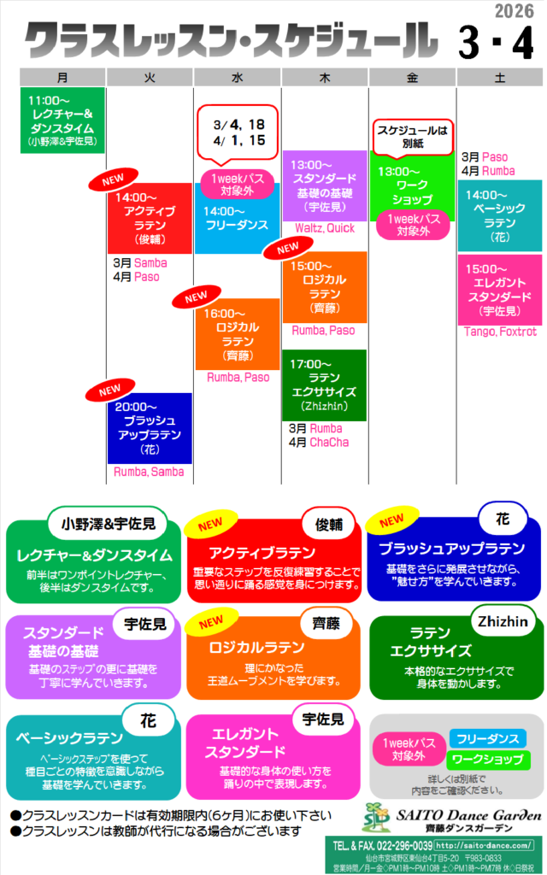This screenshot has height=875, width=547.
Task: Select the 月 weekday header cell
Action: click(x=62, y=77)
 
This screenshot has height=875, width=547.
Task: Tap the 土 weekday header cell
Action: click(x=499, y=77)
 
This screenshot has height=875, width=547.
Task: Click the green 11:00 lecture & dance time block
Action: click(x=62, y=120)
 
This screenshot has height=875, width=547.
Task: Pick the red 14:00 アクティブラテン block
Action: click(x=150, y=219)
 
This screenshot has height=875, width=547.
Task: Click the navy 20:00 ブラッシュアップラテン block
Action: click(x=150, y=427)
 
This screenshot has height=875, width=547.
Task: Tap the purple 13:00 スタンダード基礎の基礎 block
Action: click(x=324, y=185)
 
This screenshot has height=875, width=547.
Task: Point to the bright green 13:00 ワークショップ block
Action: click(x=412, y=188)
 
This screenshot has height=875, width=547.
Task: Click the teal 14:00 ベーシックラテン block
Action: click(x=499, y=215)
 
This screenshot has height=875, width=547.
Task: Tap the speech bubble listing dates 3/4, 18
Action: click(x=238, y=133)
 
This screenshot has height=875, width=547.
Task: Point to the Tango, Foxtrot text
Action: click(x=500, y=332)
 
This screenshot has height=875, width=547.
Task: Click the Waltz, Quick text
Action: click(x=324, y=228)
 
